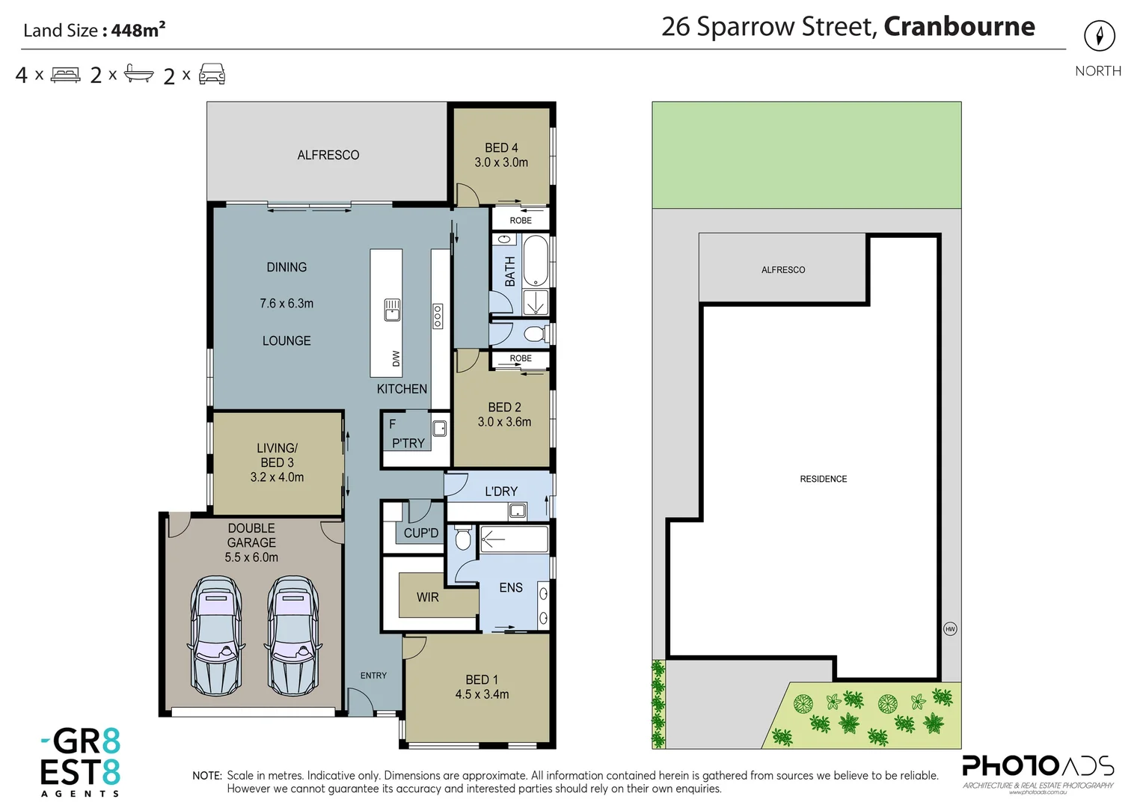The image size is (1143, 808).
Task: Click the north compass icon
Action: [1099, 36]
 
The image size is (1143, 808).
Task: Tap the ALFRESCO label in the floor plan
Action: [328, 155]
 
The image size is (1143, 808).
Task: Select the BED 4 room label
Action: [501, 148]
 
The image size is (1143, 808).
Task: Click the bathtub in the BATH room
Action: [535, 261]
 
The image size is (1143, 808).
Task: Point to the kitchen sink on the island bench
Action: [392, 310]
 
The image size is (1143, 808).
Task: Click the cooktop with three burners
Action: [438, 316]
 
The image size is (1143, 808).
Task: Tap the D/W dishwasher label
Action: [396, 358]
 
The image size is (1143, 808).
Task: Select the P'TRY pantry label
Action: [408, 443]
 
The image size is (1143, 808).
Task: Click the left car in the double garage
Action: [215, 636]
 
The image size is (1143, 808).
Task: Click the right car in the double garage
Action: [293, 636]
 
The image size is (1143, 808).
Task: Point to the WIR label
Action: [428, 597]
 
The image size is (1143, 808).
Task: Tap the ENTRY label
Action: [373, 676]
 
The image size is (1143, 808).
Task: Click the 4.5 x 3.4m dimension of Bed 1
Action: [482, 694]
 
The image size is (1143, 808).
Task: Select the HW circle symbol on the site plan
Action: [950, 629]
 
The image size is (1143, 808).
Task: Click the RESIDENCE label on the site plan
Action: [823, 479]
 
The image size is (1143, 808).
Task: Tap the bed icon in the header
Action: [66, 75]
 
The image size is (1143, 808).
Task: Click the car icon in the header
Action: [212, 74]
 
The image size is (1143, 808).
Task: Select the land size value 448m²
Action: [138, 30]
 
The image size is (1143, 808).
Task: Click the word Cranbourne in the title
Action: [959, 27]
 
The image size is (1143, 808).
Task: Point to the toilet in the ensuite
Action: [463, 537]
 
